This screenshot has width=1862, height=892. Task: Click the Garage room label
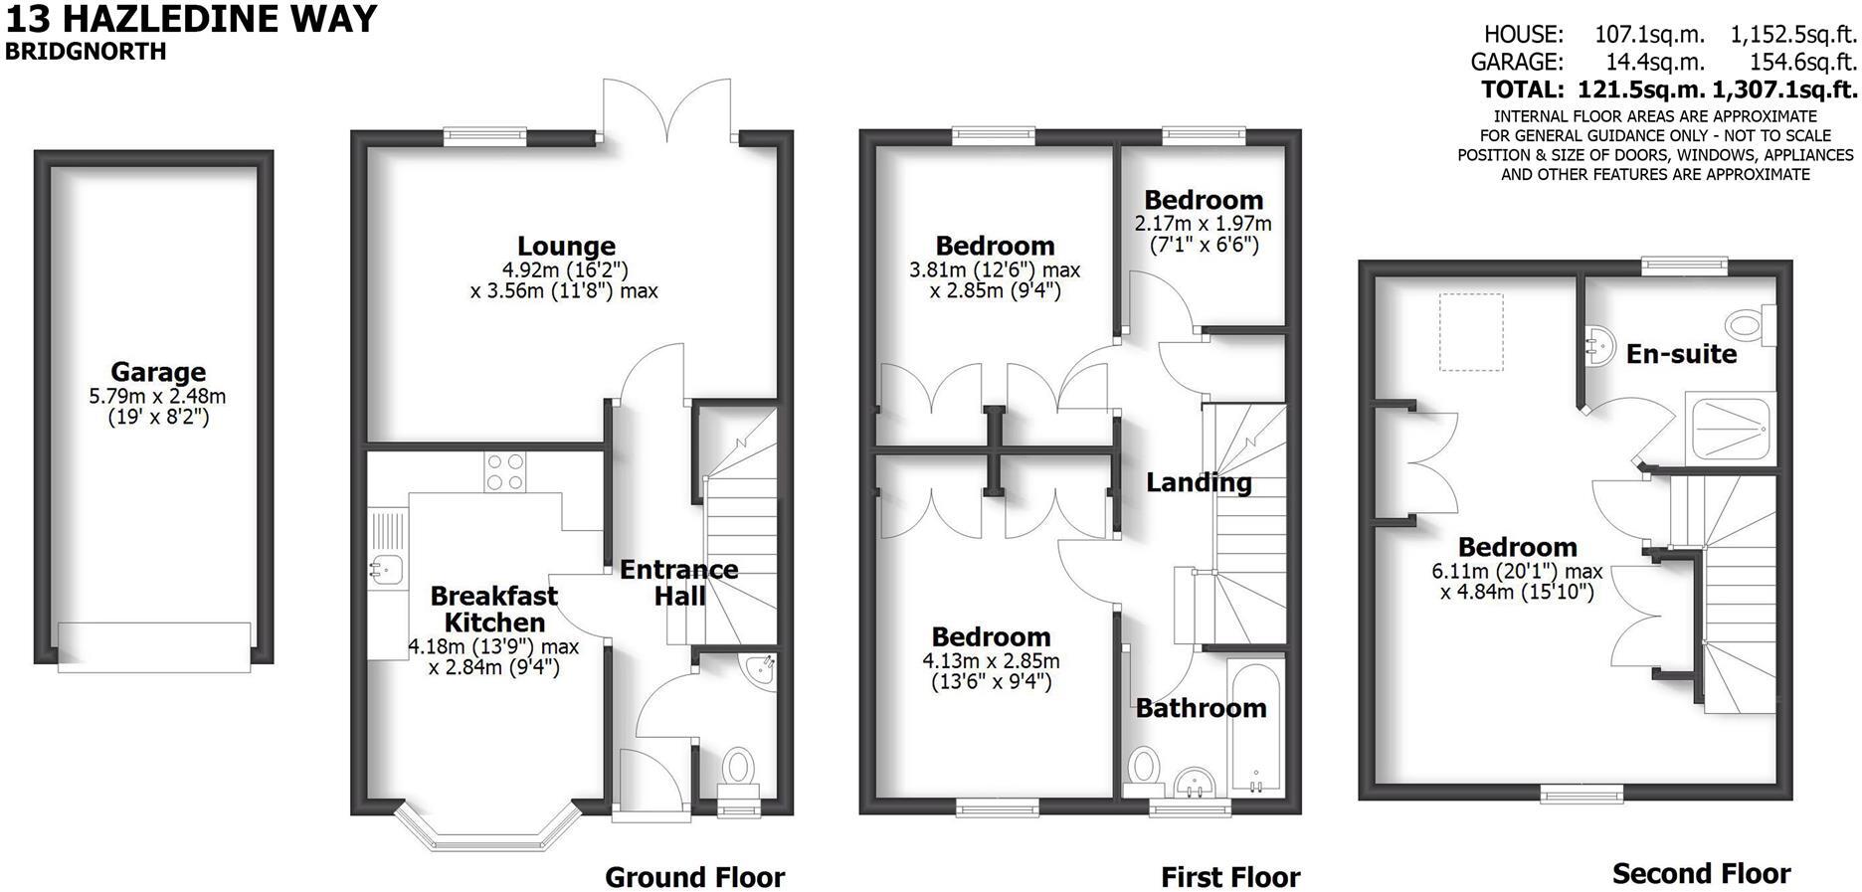pyautogui.click(x=158, y=372)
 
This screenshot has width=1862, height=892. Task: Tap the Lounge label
pyautogui.click(x=566, y=246)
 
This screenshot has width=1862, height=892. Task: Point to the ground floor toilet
pyautogui.click(x=738, y=768)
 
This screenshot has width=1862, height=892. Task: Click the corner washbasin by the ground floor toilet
pyautogui.click(x=763, y=669)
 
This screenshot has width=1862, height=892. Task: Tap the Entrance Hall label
pyautogui.click(x=679, y=583)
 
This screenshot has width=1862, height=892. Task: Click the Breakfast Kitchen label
pyautogui.click(x=493, y=609)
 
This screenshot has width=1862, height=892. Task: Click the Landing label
pyautogui.click(x=1199, y=482)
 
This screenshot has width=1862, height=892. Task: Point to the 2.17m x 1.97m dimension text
pyautogui.click(x=1203, y=224)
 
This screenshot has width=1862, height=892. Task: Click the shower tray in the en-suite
pyautogui.click(x=1729, y=428)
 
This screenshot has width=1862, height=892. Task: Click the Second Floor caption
pyautogui.click(x=1701, y=874)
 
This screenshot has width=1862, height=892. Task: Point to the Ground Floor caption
pyautogui.click(x=694, y=877)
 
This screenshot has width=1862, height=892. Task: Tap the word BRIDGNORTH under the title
pyautogui.click(x=86, y=52)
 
